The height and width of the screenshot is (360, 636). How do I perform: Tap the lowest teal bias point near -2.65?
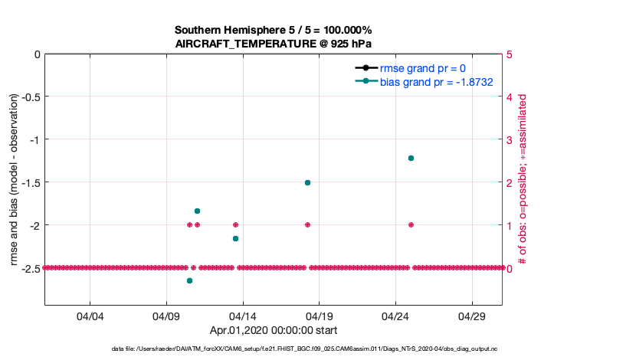pyautogui.click(x=189, y=281)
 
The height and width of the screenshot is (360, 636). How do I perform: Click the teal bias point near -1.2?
pyautogui.click(x=411, y=158)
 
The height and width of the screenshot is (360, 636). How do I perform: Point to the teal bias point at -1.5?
pyautogui.click(x=307, y=182)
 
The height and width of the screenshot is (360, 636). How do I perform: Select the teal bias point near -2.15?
pyautogui.click(x=235, y=238)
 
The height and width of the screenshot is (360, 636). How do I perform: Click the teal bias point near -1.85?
pyautogui.click(x=197, y=211)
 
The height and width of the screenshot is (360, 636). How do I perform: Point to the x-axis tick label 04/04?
pyautogui.click(x=90, y=316)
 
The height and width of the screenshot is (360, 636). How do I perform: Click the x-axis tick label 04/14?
pyautogui.click(x=243, y=316)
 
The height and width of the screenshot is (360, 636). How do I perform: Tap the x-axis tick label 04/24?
pyautogui.click(x=395, y=316)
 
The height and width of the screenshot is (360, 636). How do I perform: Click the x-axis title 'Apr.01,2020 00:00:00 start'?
pyautogui.click(x=274, y=331)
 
